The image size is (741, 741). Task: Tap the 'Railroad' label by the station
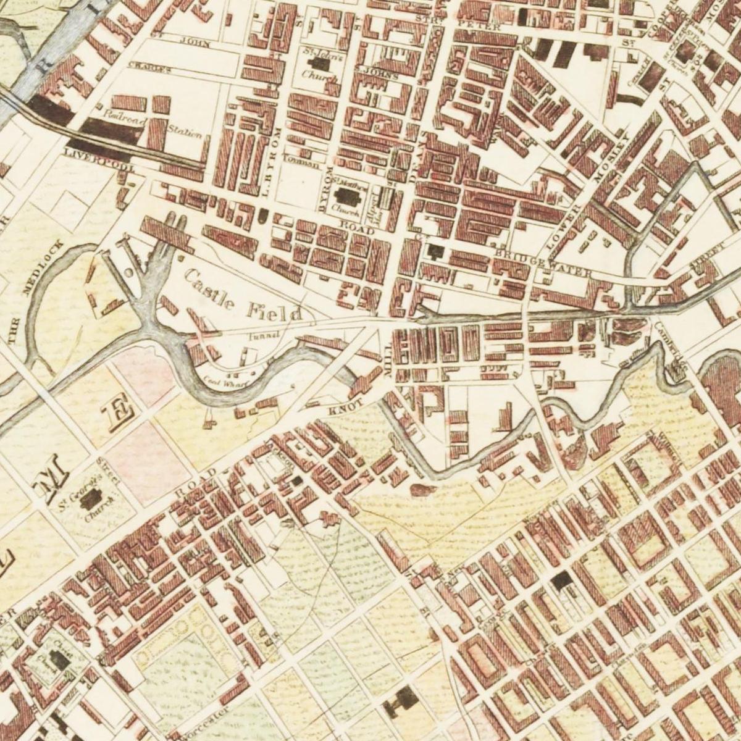click(x=124, y=121)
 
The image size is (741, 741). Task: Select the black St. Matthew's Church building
click(x=348, y=197)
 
